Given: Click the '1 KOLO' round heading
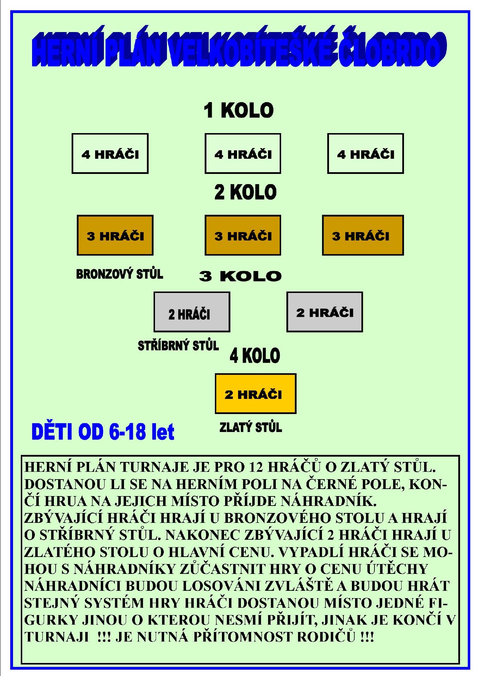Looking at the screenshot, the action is tap(238, 110).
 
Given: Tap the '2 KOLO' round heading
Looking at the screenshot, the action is tap(246, 192).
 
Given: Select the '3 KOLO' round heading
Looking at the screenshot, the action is tap(240, 276).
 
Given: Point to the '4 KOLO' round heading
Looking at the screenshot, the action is tap(255, 356).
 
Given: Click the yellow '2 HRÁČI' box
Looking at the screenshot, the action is tap(255, 394).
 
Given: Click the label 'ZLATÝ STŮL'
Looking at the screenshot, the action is tap(250, 427).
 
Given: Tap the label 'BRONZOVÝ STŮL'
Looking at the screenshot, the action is tap(119, 274).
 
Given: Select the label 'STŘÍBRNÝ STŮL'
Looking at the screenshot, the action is tap(178, 345).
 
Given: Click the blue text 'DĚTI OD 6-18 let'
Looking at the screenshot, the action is tap(103, 432).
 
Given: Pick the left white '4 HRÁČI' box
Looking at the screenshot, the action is tap(110, 154).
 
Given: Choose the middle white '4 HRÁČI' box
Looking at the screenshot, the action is tap(243, 154).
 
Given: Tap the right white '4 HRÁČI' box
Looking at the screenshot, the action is tap(365, 154).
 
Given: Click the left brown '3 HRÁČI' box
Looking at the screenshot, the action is tap(115, 235).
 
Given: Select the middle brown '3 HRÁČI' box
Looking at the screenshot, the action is tap(243, 235).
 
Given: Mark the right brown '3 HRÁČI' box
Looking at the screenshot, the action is tap(363, 235).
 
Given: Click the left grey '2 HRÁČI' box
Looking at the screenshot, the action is tap(192, 312).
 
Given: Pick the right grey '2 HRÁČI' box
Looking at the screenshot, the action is tap(324, 312).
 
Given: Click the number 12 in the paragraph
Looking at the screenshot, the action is tap(256, 467).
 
